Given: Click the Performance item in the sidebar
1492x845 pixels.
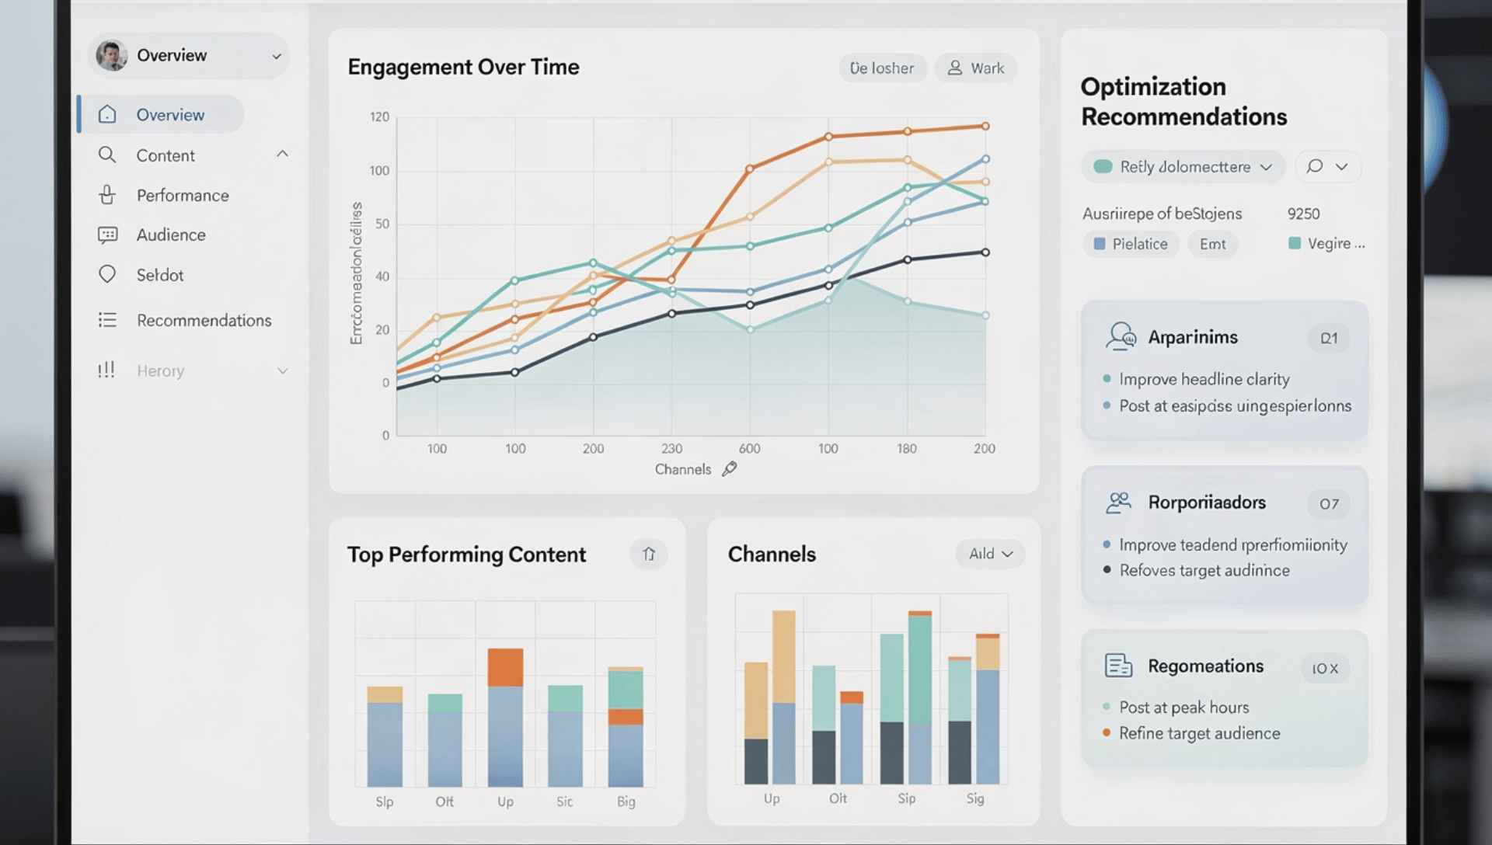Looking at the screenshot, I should (182, 196).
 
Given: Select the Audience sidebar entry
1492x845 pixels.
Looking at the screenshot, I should (171, 235).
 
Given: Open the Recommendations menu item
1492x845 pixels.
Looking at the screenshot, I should (204, 321).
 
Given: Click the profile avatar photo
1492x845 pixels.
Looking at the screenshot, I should (112, 56).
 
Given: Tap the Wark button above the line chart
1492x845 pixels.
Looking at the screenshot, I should (976, 68).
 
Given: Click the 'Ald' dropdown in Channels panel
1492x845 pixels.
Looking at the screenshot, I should (990, 554).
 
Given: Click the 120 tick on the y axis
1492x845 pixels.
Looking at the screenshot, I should (379, 117).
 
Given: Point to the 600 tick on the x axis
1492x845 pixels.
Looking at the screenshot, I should (749, 449).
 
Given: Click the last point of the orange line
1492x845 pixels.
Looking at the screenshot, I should (985, 126).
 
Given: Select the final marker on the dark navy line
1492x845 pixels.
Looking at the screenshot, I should (985, 252).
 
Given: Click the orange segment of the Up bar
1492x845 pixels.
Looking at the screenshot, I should (505, 667).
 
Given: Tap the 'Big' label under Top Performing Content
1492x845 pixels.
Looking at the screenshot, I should (626, 802).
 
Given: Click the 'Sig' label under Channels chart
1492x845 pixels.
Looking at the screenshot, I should (974, 798).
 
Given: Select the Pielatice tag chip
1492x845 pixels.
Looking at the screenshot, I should (1131, 244).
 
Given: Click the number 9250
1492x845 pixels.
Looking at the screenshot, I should (1303, 214).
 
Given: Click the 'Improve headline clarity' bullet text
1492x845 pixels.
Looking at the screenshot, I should (1204, 379).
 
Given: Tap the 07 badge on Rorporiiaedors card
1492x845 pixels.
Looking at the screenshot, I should (1329, 504).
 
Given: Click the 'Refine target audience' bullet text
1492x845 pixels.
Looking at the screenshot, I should (1199, 733).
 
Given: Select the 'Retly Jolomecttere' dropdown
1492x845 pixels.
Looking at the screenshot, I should (1183, 167).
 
